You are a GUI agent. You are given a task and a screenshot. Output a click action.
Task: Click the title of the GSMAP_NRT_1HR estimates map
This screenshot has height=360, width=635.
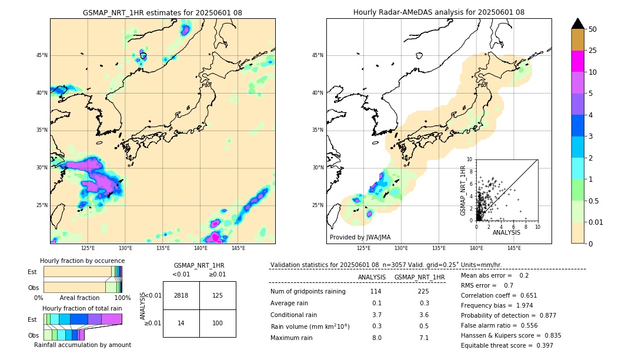[162, 12]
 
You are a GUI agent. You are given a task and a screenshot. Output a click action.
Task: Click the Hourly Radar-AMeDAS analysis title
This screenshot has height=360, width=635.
[439, 12]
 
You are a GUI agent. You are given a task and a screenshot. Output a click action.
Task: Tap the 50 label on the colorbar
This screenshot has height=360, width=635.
[593, 29]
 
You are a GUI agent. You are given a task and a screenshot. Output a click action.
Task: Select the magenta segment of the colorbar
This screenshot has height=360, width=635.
[578, 61]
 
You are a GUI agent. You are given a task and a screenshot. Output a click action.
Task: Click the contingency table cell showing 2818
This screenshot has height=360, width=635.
[181, 295]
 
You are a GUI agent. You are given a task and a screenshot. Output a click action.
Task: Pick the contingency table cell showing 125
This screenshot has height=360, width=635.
[218, 295]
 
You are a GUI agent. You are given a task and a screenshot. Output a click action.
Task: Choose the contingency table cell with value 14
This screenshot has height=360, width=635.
[181, 324]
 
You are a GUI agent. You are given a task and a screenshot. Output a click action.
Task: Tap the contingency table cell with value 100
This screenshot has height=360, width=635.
[218, 324]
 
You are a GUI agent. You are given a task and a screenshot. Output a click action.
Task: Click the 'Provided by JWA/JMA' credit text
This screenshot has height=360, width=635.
[360, 238]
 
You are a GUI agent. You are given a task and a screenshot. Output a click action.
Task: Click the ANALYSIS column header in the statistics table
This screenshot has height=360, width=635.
[372, 277]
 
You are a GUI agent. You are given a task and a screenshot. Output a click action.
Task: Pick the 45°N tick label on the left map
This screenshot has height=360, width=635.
[42, 55]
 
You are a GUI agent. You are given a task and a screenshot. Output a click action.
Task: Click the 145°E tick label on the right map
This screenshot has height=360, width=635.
[514, 248]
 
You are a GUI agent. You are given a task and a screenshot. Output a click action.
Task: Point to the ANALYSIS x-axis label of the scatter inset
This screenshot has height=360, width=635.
[506, 233]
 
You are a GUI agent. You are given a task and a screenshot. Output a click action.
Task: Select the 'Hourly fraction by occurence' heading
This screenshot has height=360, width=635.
[82, 261]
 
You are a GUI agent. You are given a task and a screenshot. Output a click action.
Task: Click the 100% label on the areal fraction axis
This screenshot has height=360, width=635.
[122, 298]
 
